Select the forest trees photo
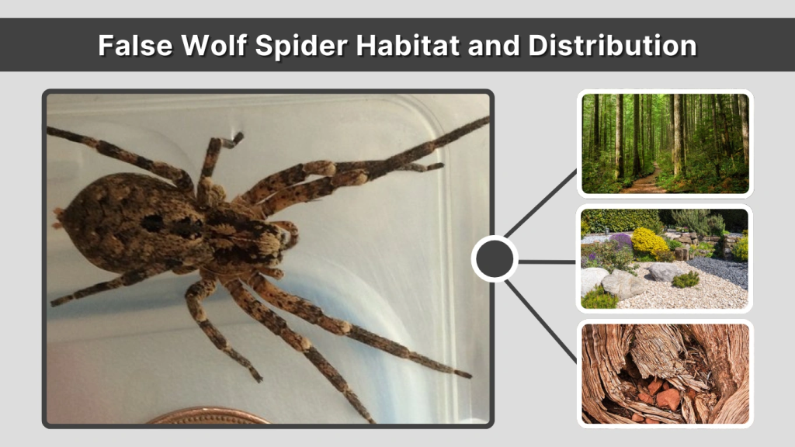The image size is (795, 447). pos(665,144)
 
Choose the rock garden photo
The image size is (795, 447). pos(665,258)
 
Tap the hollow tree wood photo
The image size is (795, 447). pos(665,373)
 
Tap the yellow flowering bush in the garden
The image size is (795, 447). pos(649,242)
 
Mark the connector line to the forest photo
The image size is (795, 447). pos(543,203)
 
